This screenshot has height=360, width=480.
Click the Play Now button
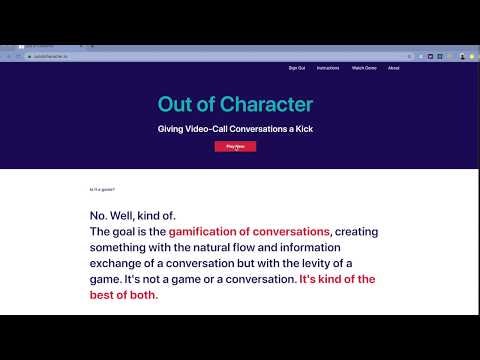click(235, 146)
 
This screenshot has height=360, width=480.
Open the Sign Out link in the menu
click(296, 68)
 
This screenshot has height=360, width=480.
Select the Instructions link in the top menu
click(327, 68)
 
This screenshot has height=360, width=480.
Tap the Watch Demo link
click(363, 68)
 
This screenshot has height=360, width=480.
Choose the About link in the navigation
click(393, 68)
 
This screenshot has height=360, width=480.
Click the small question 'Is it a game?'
click(103, 189)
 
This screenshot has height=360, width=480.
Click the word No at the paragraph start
click(97, 215)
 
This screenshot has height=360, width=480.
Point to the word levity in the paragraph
click(317, 263)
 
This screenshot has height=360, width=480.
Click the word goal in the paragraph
click(130, 231)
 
